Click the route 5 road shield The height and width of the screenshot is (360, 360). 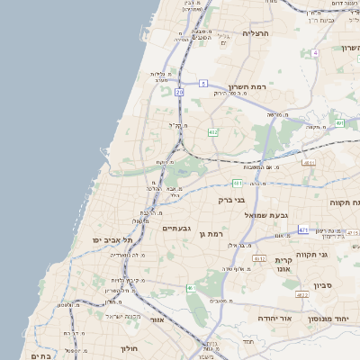pos(203,83)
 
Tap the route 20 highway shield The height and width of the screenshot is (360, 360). pos(180,92)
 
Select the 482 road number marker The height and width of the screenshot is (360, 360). pos(213,132)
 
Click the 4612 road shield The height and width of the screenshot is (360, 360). pos(259,258)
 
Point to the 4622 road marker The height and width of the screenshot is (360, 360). pos(302,295)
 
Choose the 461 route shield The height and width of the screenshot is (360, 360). pos(190,288)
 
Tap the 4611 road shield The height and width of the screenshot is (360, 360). pos(309,163)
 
